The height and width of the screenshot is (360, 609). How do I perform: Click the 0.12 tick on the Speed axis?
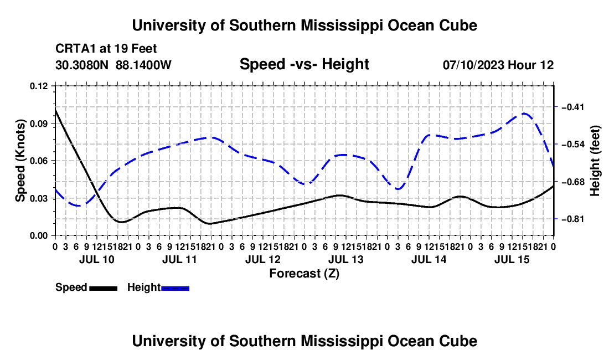[x=39, y=86]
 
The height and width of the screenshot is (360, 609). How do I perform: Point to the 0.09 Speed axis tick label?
[x=39, y=124]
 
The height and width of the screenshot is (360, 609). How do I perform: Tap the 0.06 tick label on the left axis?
[x=39, y=161]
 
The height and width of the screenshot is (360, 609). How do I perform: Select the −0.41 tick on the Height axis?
[x=573, y=107]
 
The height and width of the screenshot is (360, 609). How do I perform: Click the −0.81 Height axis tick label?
[x=573, y=219]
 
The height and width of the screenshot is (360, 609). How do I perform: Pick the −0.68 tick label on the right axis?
[x=573, y=182]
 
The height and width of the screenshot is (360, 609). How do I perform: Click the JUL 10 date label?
[x=97, y=259]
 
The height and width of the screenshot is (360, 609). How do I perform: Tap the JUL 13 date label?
[x=345, y=259]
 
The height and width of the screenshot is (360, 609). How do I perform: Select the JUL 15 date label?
[x=512, y=259]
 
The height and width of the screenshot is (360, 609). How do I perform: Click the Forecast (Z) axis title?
[x=304, y=274]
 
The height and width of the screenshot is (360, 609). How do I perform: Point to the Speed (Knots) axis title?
[x=20, y=161]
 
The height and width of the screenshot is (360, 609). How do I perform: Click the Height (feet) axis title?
[x=595, y=161]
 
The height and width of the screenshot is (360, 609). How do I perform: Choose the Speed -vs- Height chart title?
[x=304, y=64]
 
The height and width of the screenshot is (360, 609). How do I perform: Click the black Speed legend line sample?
[x=104, y=288]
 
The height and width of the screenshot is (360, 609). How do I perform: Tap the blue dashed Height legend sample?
[x=175, y=288]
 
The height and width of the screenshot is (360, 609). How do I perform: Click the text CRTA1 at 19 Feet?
[x=106, y=49]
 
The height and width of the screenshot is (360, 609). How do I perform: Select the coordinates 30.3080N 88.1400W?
[x=113, y=65]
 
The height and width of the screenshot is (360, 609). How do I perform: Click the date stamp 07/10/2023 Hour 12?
[x=498, y=65]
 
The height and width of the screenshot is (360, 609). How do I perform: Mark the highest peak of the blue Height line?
[x=524, y=114]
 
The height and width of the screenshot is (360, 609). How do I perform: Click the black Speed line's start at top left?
[x=55, y=110]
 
